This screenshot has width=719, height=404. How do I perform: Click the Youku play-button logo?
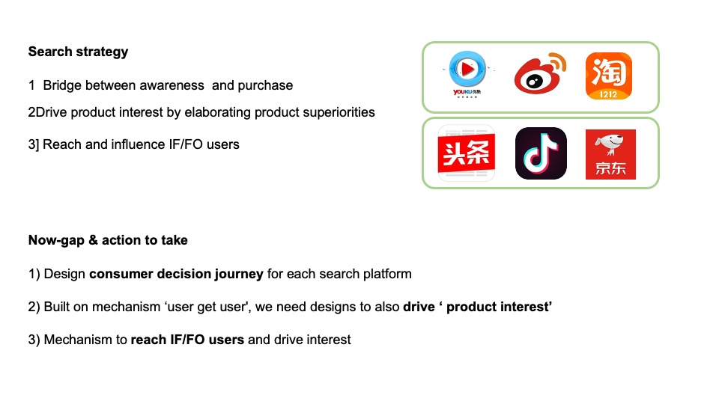point(467,74)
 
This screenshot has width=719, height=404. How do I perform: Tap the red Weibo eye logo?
point(540,73)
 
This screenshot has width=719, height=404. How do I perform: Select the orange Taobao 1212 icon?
point(608,76)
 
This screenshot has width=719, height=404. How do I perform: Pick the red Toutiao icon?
point(467,153)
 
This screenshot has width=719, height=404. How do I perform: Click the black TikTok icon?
point(541,153)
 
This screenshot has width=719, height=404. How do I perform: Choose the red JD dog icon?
point(610,154)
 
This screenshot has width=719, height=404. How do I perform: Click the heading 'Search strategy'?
point(78,52)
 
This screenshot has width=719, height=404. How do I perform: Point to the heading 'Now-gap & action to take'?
point(108,240)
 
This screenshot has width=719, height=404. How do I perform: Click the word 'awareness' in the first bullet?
point(172,85)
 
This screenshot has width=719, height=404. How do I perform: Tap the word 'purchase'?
point(265,85)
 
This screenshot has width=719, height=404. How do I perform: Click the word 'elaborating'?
point(217,113)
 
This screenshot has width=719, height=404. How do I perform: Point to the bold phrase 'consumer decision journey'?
point(176,274)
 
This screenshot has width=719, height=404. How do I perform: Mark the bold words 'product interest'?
point(499,307)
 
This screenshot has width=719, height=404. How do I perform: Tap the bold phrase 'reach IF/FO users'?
point(187,340)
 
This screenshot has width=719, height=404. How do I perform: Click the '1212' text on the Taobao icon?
point(608,94)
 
